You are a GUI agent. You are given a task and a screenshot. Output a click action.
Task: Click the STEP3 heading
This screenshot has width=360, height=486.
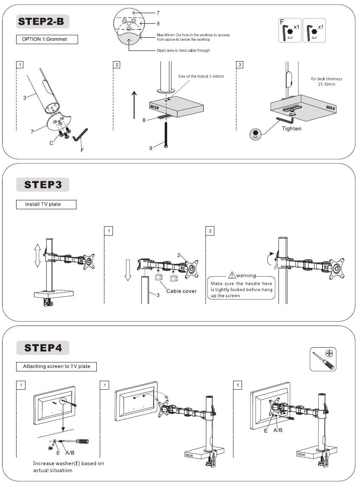pos(43,185)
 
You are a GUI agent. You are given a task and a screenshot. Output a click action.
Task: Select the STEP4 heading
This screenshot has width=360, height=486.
pos(43,348)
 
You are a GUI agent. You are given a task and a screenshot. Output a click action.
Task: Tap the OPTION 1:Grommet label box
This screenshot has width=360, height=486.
pos(47,40)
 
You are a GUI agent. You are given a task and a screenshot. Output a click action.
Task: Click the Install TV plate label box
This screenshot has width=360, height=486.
pos(46,205)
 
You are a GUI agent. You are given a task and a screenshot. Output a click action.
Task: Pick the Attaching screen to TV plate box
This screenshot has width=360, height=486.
pos(56,366)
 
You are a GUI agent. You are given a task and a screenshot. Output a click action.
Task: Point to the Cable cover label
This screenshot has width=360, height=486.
pos(181,291)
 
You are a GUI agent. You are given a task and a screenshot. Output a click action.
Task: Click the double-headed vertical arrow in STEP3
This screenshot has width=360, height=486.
pos(37,255)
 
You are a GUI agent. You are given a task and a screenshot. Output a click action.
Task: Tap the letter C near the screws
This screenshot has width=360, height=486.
pos(51,143)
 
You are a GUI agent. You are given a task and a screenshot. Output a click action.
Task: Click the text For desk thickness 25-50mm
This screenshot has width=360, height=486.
pos(326,81)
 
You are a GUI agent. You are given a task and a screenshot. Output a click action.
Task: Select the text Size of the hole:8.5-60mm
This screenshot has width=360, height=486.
pos(201,76)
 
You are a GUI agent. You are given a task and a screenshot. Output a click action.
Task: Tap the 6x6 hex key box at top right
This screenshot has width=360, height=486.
pos(315,31)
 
